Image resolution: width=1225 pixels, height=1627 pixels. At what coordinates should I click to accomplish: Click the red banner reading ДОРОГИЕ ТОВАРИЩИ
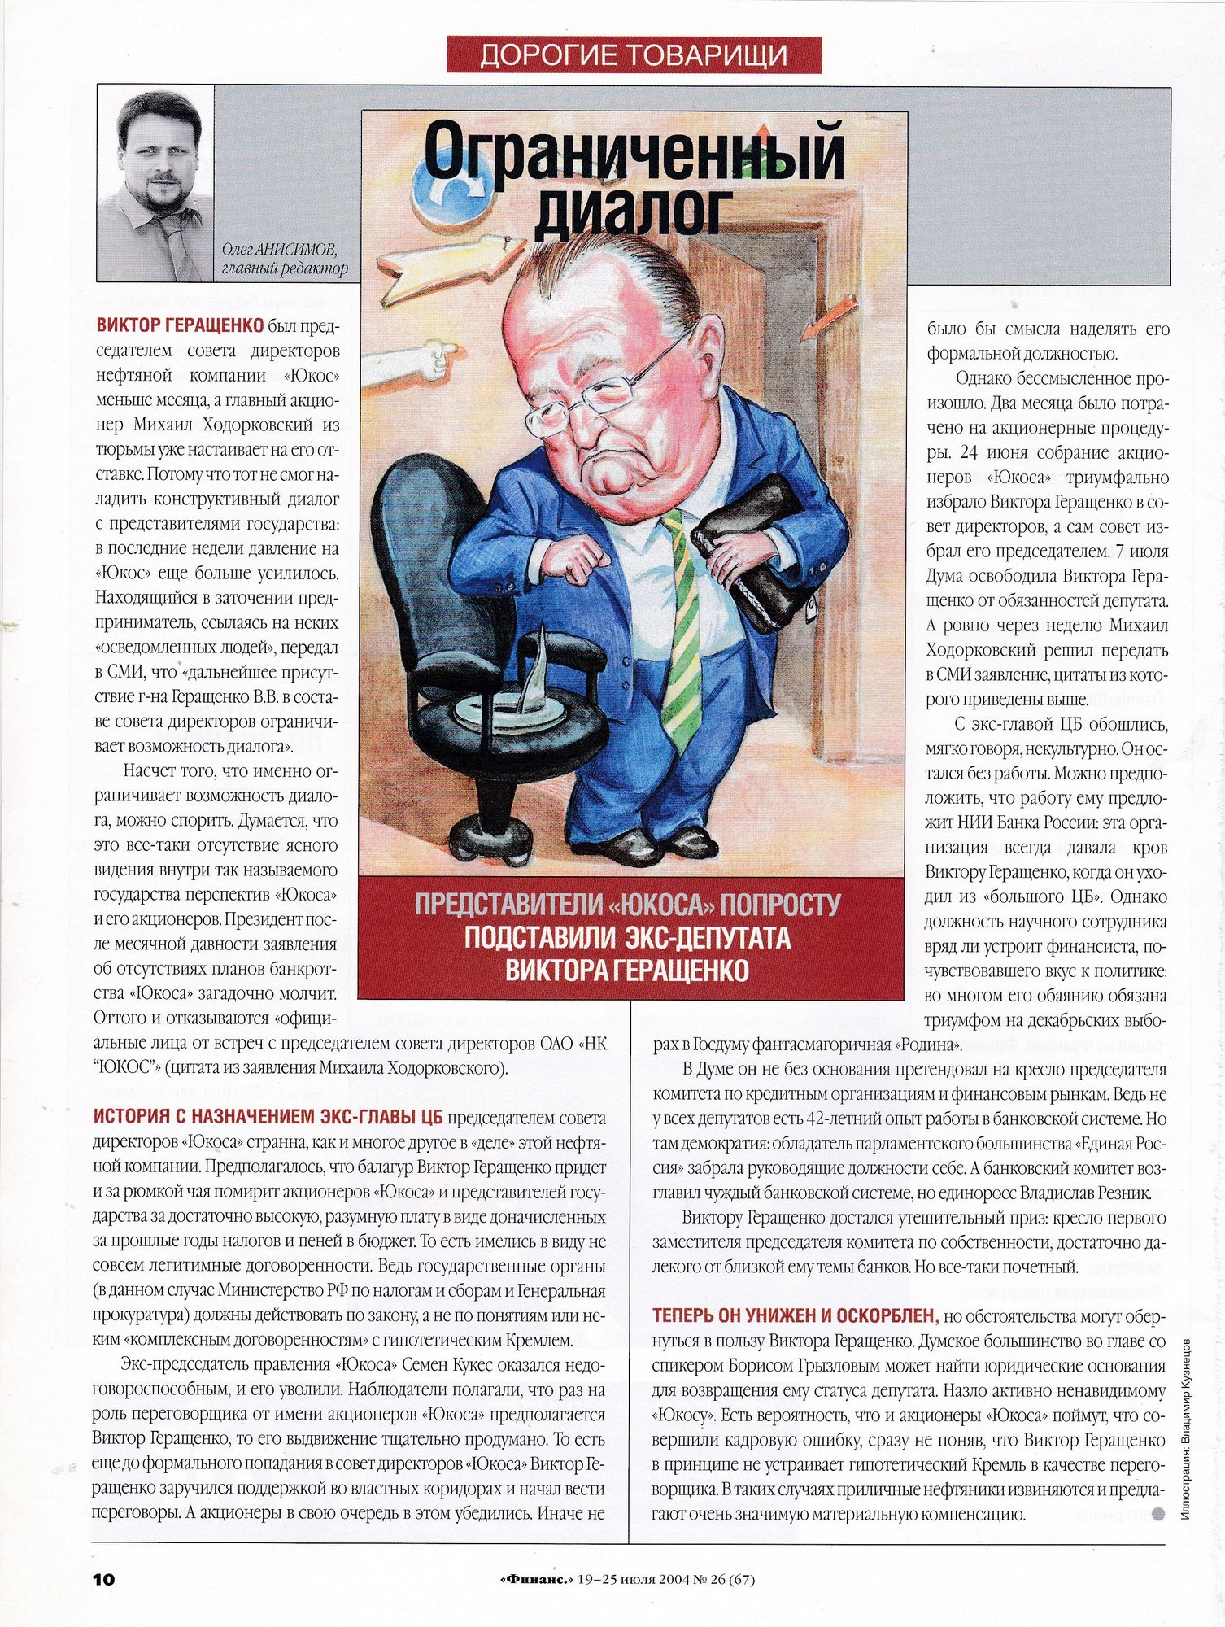tap(634, 55)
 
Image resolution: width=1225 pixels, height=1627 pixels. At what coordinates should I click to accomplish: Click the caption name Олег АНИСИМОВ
tap(279, 250)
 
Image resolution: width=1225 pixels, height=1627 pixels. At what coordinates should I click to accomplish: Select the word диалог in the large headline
tap(630, 212)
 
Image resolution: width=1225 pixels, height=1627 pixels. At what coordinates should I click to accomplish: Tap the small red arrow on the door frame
tap(830, 317)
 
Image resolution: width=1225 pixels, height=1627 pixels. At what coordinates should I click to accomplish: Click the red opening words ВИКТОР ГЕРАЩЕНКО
tap(180, 326)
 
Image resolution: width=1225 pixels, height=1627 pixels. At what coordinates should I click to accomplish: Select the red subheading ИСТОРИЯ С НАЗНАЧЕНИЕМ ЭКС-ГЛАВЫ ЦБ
tap(268, 1116)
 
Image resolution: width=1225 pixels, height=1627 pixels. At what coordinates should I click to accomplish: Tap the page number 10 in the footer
tap(103, 1579)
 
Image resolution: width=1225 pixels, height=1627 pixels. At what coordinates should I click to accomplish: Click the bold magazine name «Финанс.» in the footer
tap(534, 1579)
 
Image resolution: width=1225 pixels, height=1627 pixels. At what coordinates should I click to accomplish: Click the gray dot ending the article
tap(1158, 1514)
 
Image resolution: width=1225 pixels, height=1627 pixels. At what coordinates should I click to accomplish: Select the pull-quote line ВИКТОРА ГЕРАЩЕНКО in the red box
tap(627, 971)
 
